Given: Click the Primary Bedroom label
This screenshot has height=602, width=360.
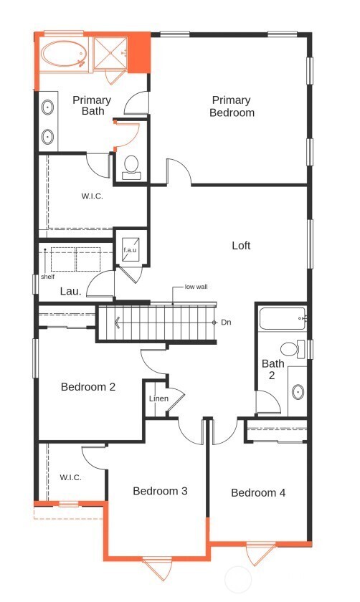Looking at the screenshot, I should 232,106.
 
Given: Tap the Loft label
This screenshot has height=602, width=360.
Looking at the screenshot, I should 241,246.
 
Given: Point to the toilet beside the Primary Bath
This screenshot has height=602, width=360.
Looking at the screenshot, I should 131,166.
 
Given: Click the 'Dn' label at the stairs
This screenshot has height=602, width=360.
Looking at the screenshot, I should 226,322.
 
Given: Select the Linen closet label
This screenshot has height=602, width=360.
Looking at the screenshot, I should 158,398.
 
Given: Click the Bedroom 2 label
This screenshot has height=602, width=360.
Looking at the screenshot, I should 88,387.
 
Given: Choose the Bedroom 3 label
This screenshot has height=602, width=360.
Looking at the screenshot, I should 160,491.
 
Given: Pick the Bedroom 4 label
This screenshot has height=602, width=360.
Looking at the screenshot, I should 258,493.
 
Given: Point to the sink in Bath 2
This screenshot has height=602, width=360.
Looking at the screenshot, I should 298,392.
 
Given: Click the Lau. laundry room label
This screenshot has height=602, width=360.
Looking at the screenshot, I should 70,292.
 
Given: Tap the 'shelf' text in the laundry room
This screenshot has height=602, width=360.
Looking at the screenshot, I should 47,277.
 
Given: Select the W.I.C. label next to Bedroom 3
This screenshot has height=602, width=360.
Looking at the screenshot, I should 70,477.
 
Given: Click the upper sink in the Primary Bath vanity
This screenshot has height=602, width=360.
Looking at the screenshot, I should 48,108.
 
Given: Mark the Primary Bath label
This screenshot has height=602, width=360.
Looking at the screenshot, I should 92,105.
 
